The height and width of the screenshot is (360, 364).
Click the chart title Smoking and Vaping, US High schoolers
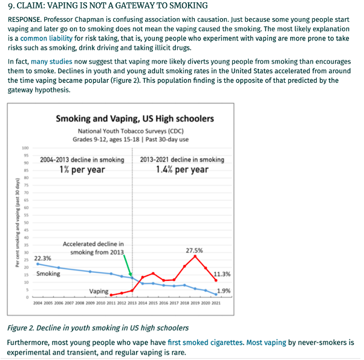(x=134, y=119)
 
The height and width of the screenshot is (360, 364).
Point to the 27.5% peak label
(x=194, y=250)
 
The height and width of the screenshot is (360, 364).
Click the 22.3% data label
(x=42, y=258)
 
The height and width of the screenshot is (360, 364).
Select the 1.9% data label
(x=224, y=291)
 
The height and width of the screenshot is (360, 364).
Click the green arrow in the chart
(x=128, y=265)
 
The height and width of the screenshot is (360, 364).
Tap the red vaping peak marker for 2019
(x=195, y=256)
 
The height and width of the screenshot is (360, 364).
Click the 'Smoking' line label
(x=48, y=274)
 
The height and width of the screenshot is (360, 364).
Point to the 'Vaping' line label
(x=99, y=291)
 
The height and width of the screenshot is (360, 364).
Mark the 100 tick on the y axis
(x=25, y=148)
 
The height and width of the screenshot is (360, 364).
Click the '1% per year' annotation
(x=82, y=170)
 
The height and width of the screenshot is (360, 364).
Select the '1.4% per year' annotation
(x=182, y=170)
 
